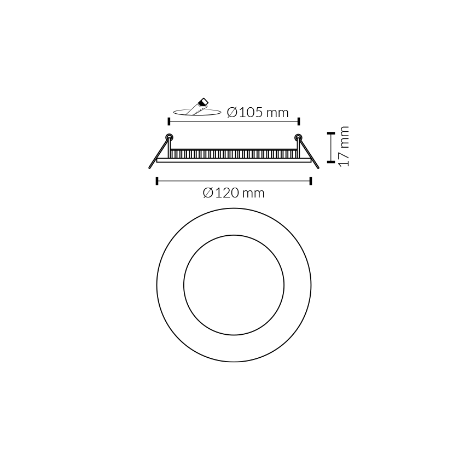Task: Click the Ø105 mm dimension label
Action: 258,112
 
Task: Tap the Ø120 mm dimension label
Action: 234,193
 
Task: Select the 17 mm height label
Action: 344,147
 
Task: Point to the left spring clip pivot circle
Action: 169,137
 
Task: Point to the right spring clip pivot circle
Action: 298,137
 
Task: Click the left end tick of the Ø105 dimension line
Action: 168,121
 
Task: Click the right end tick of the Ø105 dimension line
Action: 299,121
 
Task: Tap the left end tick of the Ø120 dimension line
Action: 157,181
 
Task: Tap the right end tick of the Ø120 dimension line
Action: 311,181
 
